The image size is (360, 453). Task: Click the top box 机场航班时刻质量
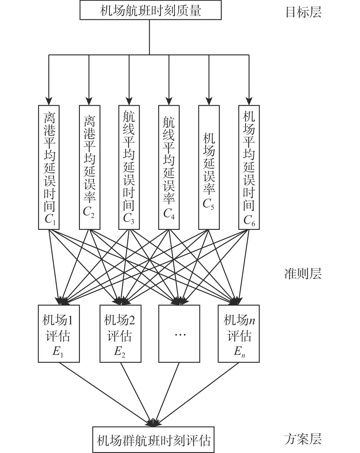click(150, 10)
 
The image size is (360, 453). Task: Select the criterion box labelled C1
click(49, 167)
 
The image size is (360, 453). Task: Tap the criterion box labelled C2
click(89, 167)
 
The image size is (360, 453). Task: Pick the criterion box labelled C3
click(129, 167)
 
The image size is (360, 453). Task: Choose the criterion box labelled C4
click(169, 167)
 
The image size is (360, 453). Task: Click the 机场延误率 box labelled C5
click(209, 167)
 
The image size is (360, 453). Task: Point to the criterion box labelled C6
click(249, 167)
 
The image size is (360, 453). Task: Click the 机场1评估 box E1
click(59, 334)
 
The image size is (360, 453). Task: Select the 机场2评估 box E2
click(120, 334)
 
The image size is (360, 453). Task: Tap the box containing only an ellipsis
click(179, 334)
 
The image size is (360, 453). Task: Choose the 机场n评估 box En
click(239, 334)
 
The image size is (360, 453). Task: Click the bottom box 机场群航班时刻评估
click(153, 440)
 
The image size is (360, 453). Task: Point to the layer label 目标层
click(303, 12)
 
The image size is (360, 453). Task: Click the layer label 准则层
click(303, 274)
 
